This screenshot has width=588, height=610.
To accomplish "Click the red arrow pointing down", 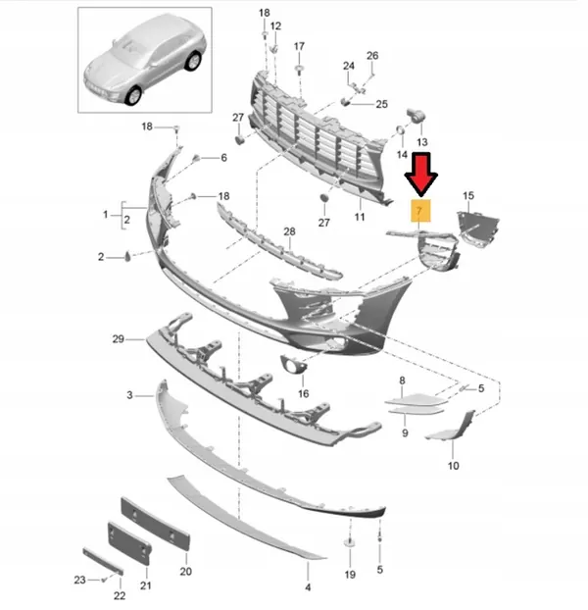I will (423, 175).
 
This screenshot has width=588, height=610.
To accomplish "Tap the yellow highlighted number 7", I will (418, 210).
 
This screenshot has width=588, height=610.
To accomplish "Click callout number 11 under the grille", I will (360, 217).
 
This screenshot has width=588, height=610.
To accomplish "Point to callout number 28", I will (289, 231).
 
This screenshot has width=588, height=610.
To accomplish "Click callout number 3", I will (129, 394).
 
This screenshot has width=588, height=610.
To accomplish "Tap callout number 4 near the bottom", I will (308, 586).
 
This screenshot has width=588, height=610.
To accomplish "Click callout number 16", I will (303, 393).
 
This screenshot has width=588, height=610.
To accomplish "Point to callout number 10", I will (453, 466).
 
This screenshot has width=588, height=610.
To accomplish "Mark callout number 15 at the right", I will (467, 197).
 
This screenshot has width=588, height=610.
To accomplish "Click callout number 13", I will (422, 142).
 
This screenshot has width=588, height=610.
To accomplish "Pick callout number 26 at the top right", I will (372, 56).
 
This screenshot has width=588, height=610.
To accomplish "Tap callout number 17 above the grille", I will (299, 46).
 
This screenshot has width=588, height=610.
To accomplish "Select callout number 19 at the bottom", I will (350, 574).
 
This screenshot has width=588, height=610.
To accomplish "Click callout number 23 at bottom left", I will (81, 580).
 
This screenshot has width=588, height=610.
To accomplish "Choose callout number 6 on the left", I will (222, 158).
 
